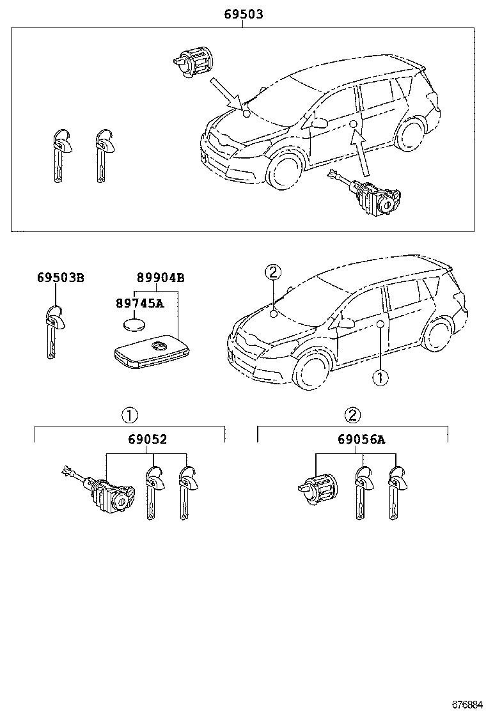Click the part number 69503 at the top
click(x=243, y=14)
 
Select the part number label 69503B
click(x=60, y=277)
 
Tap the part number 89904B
click(x=161, y=277)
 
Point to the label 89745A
click(x=139, y=303)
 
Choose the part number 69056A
click(x=362, y=439)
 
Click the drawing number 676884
click(x=467, y=704)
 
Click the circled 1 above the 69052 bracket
click(x=129, y=416)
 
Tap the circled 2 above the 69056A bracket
click(x=352, y=416)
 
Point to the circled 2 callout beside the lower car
click(x=272, y=272)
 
